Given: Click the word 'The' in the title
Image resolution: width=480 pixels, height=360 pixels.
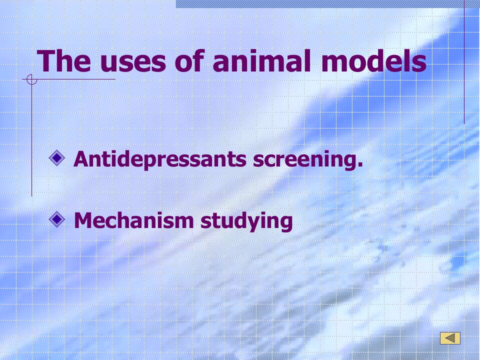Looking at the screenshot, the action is coord(63,60).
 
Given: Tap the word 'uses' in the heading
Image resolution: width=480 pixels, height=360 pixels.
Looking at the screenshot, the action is coord(133,63).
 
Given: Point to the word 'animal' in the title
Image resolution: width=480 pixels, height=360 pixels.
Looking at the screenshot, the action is coord(261,60).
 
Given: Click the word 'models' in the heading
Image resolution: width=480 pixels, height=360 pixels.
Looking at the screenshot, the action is coord(373,60).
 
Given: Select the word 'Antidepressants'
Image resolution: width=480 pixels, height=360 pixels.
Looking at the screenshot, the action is coord(160,159).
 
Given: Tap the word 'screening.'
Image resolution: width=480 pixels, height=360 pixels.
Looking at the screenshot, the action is coord(308,159).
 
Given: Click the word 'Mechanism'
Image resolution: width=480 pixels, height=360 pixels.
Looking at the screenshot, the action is coord(134,220).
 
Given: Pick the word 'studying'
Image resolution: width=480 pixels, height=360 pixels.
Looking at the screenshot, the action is coord(246,220).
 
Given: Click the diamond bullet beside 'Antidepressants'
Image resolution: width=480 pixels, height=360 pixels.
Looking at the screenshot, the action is coord(57,158).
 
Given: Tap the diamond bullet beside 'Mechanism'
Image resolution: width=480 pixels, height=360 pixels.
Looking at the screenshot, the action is coord(57,219).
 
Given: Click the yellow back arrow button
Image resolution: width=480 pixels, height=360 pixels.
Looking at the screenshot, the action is coord(450,338).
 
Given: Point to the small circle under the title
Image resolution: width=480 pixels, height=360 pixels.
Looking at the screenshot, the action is coord(31,79).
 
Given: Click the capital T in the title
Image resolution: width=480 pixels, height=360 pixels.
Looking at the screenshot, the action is coord(46,61).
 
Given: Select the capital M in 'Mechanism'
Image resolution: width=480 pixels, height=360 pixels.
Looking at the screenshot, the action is coord(83,220).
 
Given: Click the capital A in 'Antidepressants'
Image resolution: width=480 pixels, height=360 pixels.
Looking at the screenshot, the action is coord(81,159).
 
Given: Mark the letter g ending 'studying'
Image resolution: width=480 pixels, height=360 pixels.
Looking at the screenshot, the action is coord(286,223).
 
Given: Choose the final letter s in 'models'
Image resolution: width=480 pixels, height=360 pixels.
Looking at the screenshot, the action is coord(419,63).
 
